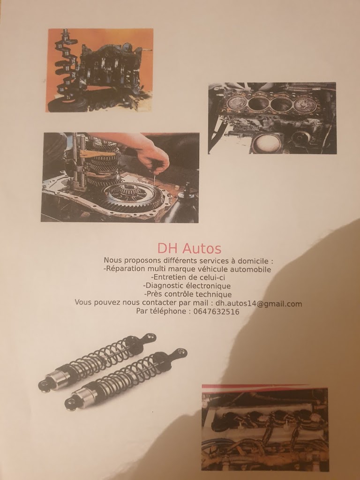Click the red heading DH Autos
[x=189, y=248]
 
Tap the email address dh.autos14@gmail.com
[x=259, y=304]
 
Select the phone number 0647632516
[x=217, y=312]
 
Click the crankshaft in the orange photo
[x=65, y=67]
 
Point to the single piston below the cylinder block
[x=267, y=142]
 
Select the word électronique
[x=208, y=285]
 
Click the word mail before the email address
[x=202, y=303]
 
